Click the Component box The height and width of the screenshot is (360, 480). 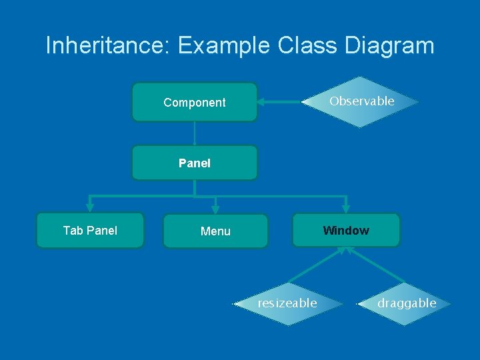[x=194, y=102]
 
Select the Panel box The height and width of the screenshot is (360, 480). [x=194, y=163]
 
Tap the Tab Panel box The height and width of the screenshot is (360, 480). [x=90, y=231]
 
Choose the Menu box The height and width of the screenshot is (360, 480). [x=215, y=231]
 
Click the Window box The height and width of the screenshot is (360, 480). [x=345, y=231]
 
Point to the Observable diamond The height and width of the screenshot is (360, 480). [x=361, y=101]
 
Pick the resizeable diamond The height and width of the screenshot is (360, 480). [x=288, y=303]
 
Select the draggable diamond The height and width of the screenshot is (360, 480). [x=406, y=303]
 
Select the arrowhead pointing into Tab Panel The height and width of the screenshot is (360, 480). [x=90, y=207]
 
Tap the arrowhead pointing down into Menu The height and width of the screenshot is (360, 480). [x=215, y=209]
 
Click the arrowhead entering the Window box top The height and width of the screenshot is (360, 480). [x=345, y=208]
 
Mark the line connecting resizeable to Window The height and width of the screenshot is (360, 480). [x=317, y=267]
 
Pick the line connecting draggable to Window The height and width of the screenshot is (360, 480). [x=377, y=267]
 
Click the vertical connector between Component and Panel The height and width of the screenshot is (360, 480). [x=194, y=133]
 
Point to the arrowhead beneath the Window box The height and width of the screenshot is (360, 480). [x=345, y=251]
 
